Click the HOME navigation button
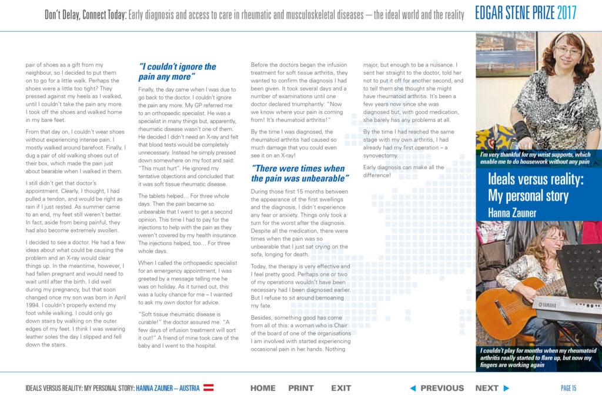(263, 388)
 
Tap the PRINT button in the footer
(301, 388)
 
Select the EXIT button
(341, 388)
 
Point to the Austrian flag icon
(208, 388)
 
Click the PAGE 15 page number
(568, 388)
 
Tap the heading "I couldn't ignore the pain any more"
(177, 72)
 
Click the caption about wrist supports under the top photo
(534, 157)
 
